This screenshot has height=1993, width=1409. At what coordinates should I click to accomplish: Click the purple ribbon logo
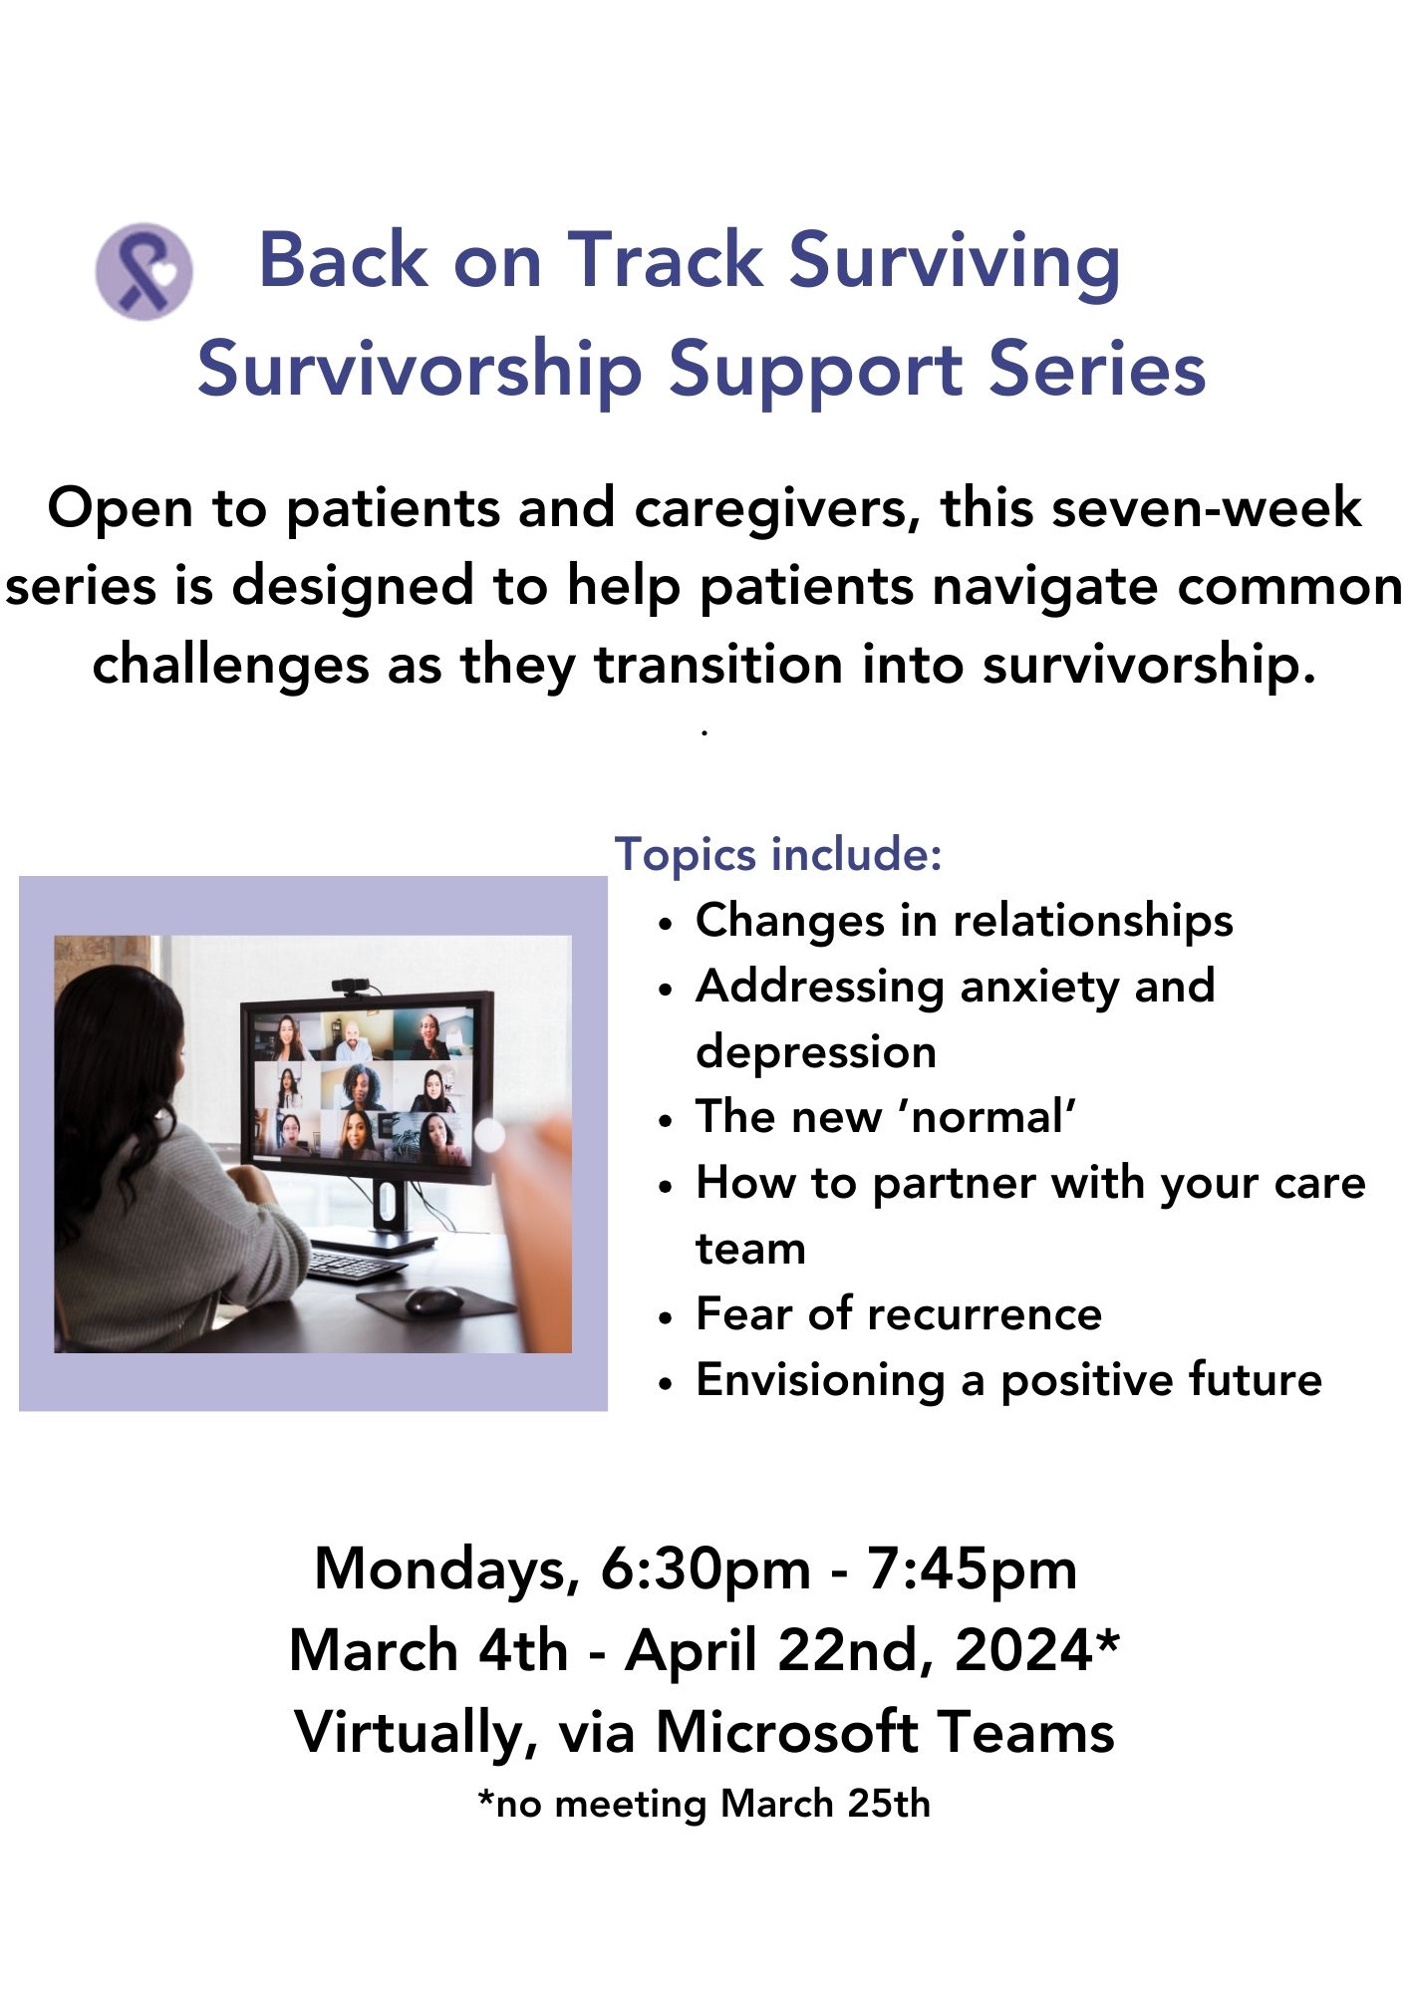tap(143, 271)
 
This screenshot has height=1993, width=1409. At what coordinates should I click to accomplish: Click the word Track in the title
tap(665, 260)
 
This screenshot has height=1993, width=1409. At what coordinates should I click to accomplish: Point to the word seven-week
tap(1207, 508)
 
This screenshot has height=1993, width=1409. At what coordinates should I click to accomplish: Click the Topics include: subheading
tap(778, 854)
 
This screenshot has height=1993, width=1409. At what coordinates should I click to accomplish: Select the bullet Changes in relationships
tap(964, 920)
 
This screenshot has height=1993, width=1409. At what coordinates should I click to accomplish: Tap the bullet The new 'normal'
tap(886, 1116)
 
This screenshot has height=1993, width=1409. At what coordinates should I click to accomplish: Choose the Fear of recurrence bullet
tap(899, 1313)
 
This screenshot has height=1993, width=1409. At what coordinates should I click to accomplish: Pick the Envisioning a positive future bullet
tap(1008, 1381)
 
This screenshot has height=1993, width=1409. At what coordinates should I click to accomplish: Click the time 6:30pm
tap(705, 1568)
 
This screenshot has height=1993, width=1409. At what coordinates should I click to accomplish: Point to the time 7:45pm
tap(972, 1568)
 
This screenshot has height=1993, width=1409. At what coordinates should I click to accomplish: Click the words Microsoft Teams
tap(885, 1732)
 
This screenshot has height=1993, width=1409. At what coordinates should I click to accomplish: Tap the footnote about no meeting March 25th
tap(704, 1804)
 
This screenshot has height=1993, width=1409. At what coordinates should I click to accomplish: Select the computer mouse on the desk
tap(433, 1298)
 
